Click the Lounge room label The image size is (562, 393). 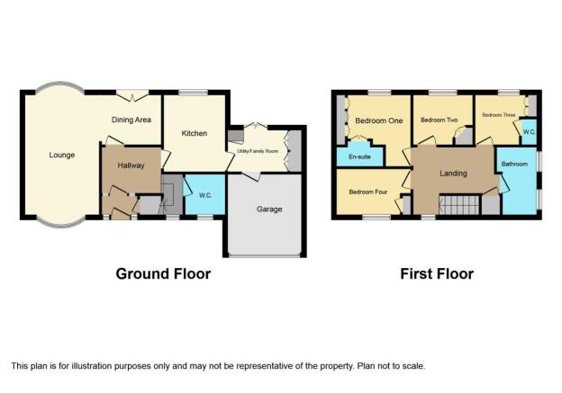click(x=62, y=155)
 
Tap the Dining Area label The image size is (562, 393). click(x=131, y=120)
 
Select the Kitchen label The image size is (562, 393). click(x=195, y=133)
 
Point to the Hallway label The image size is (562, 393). click(x=131, y=165)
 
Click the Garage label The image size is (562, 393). click(x=269, y=209)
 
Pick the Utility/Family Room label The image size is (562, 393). click(x=258, y=151)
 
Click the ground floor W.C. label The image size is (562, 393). click(x=205, y=195)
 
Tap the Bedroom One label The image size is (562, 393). click(x=379, y=121)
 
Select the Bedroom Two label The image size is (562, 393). click(x=440, y=120)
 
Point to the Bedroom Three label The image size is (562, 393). click(x=499, y=115)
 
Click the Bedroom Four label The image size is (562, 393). click(x=368, y=192)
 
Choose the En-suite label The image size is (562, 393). click(x=359, y=156)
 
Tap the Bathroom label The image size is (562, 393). click(x=514, y=164)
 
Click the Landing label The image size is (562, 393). click(x=453, y=174)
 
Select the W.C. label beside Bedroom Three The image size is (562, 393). click(x=529, y=131)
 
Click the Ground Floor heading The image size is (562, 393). click(x=163, y=273)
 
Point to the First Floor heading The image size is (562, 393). click(x=437, y=273)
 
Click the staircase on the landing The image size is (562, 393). click(x=459, y=205)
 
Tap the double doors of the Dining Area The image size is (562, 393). click(x=132, y=94)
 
